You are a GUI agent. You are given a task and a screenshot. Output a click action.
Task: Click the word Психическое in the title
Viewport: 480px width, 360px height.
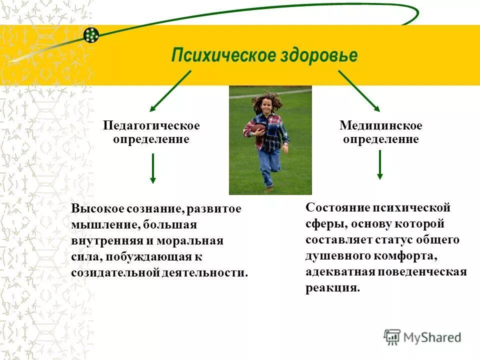tap(221, 55)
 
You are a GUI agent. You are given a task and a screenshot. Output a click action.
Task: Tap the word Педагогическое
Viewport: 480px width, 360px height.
tap(151, 125)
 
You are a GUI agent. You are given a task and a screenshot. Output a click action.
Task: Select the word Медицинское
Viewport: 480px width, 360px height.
tap(380, 125)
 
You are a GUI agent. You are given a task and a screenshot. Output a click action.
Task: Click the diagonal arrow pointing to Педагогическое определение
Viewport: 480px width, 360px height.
tap(170, 90)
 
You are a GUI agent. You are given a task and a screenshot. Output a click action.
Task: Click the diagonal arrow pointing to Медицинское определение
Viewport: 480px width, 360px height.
tap(359, 90)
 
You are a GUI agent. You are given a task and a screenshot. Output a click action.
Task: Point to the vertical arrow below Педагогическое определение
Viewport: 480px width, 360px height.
tap(153, 168)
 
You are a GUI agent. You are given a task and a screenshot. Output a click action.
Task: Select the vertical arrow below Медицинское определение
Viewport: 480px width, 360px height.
tap(380, 165)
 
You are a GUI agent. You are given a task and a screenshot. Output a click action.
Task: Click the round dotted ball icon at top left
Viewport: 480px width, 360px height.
tap(91, 34)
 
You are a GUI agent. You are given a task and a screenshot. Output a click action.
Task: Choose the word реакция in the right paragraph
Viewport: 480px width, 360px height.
tap(332, 288)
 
